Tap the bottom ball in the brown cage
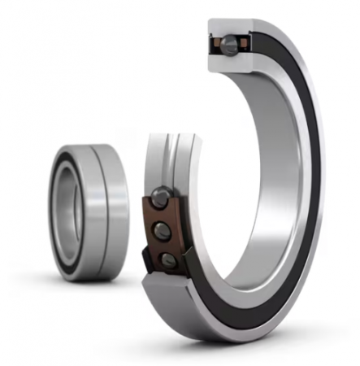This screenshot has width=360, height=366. [x=168, y=259]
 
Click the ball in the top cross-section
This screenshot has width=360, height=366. [x=233, y=42]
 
